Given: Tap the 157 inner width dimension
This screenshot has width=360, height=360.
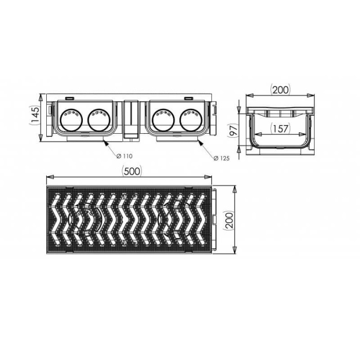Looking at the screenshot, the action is point(280,129).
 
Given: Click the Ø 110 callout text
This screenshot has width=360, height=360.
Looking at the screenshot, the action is point(124,156).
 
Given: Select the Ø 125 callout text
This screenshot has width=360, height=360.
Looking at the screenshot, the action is point(221,158).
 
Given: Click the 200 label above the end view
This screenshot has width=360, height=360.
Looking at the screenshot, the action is point(280,89).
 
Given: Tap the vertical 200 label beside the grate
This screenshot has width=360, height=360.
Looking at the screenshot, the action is point(229,220).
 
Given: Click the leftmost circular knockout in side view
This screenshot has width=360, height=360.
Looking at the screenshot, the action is point(71,120).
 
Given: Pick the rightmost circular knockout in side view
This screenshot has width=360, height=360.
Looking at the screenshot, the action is point(191,120).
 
